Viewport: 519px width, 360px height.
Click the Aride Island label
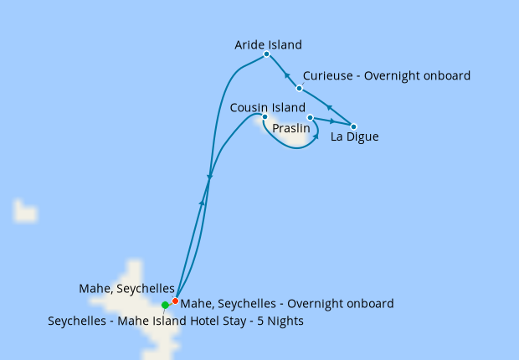268,44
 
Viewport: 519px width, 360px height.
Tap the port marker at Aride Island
266,54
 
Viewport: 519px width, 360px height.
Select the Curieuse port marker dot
299,87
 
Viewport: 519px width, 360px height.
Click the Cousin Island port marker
265,117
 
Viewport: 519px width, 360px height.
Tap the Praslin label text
290,129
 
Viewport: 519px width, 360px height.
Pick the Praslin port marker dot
310,117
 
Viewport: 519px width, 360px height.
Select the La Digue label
354,137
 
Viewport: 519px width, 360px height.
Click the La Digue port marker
353,126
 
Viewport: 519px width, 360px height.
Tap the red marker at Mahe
175,301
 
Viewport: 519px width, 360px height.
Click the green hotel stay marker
165,305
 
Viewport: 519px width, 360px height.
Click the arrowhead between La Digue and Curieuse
329,108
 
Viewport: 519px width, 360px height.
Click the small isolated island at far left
25,212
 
